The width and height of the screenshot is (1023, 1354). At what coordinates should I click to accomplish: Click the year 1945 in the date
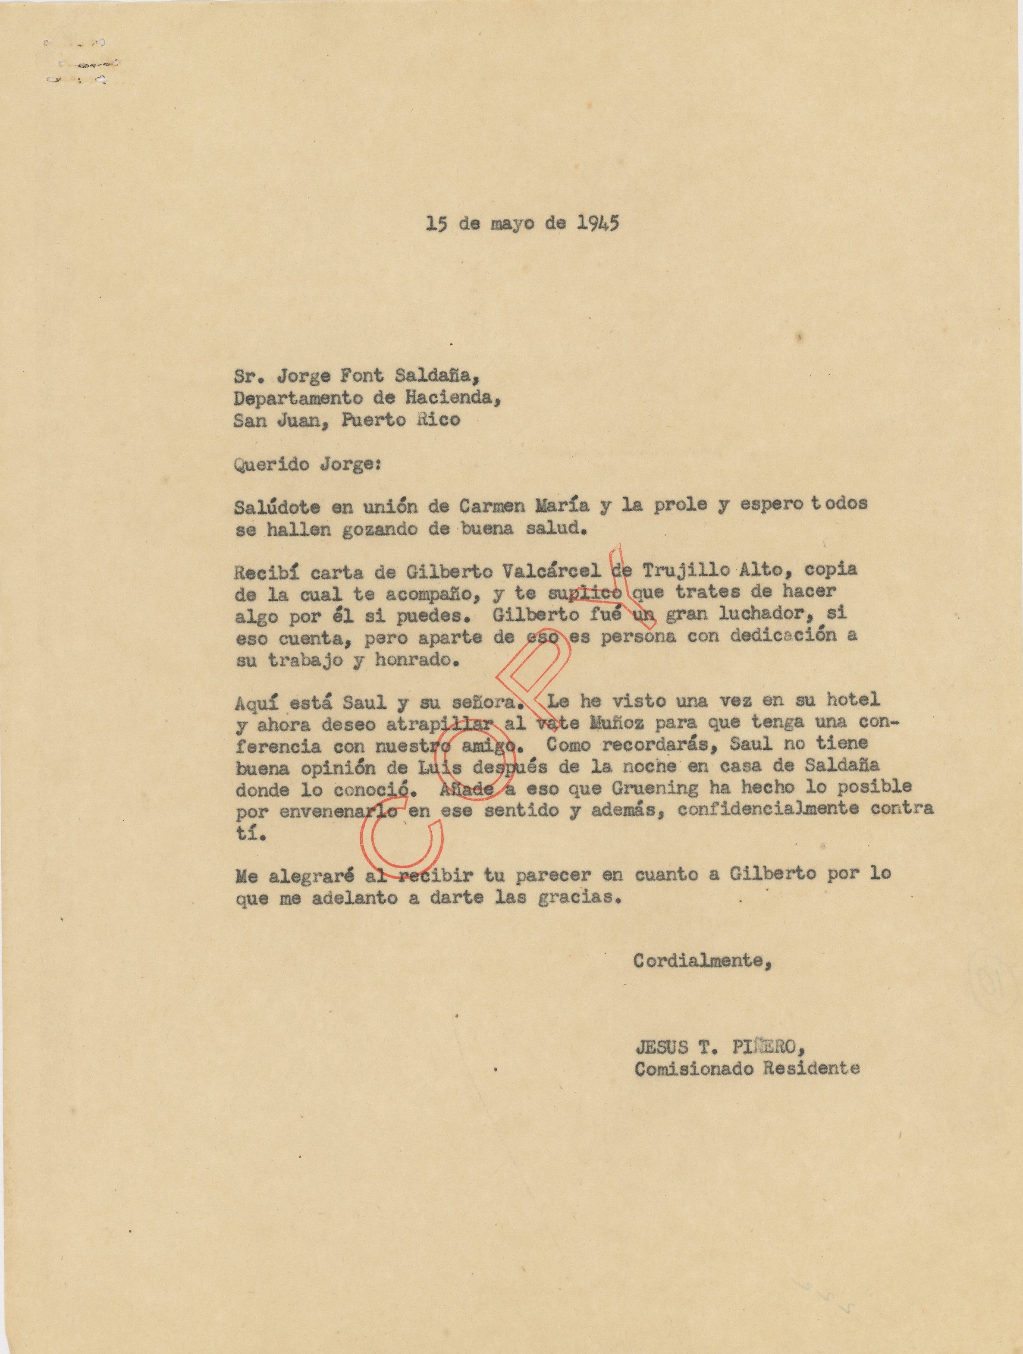(x=598, y=223)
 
